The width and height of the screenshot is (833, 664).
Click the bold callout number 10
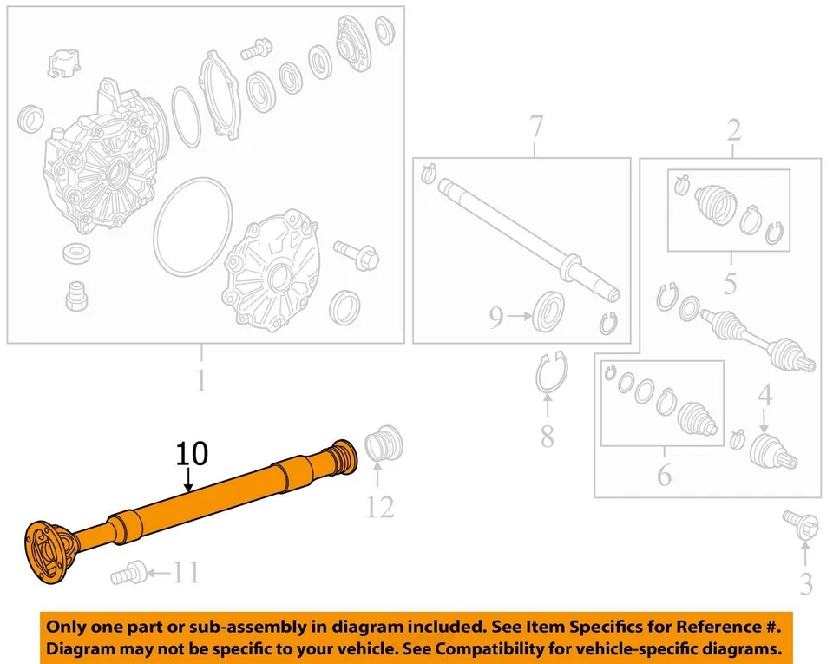[x=193, y=454]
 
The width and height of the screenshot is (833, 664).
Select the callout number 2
[x=733, y=130]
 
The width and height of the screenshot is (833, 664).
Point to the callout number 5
[x=730, y=283]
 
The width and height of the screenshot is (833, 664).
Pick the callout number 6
[x=664, y=475]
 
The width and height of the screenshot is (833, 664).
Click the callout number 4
[x=764, y=397]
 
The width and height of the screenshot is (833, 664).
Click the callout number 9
[x=495, y=319]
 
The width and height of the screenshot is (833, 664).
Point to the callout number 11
[x=185, y=573]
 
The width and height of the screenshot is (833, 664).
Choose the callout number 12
[x=379, y=505]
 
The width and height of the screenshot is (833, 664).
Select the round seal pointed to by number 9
[x=548, y=311]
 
